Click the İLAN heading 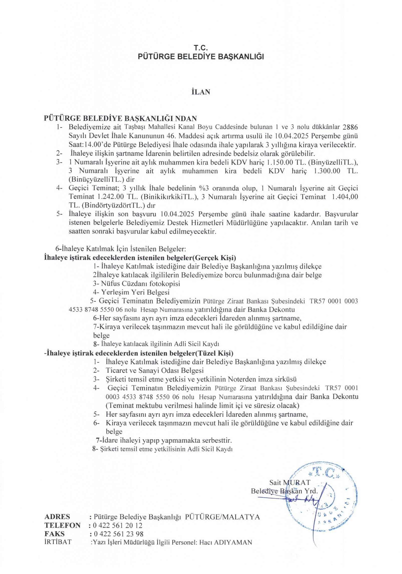(x=201, y=92)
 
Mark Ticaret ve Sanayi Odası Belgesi (x=155, y=370)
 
